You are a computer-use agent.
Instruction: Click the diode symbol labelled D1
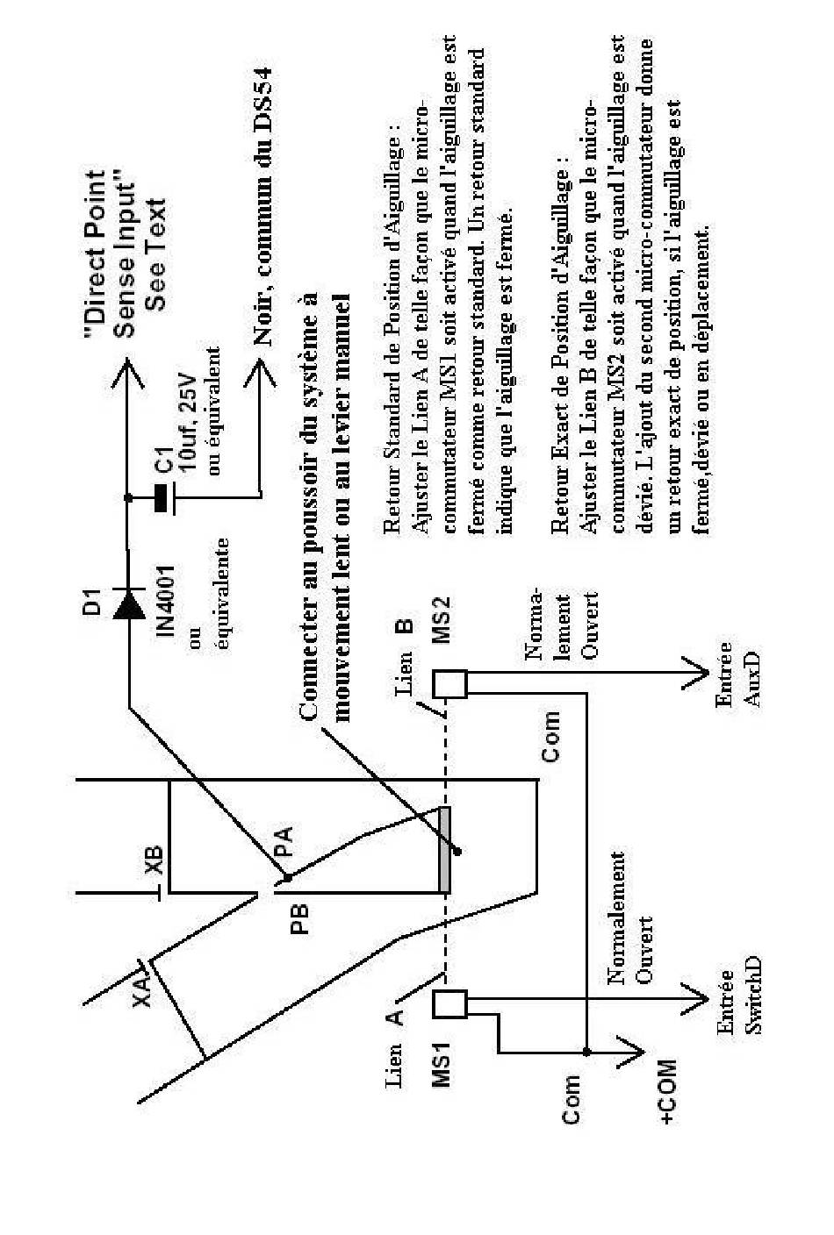pos(129,604)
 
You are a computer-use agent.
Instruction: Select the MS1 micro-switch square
pos(450,1004)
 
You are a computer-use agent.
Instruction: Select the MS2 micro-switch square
pos(450,683)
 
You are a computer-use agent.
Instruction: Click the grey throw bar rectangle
pos(444,849)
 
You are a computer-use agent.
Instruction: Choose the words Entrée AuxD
pos(738,675)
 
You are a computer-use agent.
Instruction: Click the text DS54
pos(264,99)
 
